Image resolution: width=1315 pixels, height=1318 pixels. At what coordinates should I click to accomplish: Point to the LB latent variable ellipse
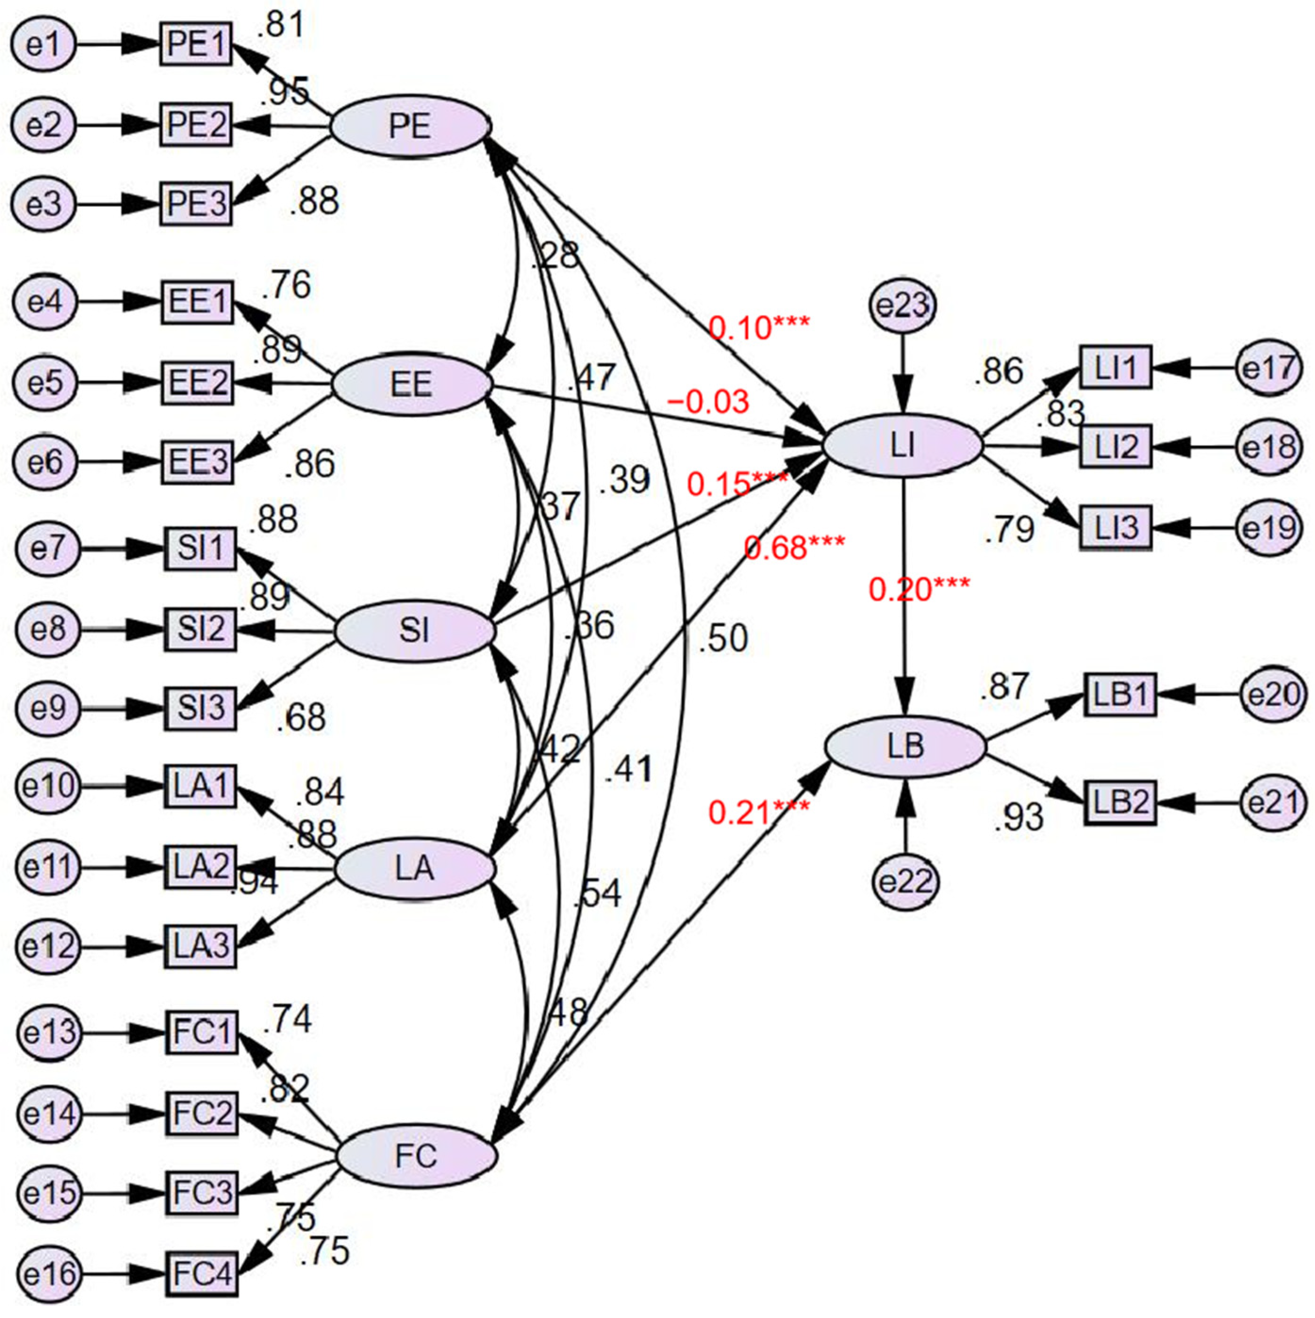pyautogui.click(x=906, y=748)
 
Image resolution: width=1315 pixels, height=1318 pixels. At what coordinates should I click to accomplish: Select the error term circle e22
pyautogui.click(x=906, y=882)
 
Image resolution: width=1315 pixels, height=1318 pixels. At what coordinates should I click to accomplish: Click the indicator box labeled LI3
pyautogui.click(x=1116, y=527)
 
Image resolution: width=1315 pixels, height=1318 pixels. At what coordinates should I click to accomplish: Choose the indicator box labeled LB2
pyautogui.click(x=1120, y=803)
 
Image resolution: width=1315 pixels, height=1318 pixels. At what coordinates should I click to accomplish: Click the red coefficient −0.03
pyautogui.click(x=708, y=402)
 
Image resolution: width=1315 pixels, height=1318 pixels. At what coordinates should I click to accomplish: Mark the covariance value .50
pyautogui.click(x=723, y=639)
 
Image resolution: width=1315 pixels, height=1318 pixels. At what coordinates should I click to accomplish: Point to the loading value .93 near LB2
pyautogui.click(x=1019, y=817)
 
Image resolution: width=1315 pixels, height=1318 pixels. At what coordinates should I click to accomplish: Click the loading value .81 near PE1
pyautogui.click(x=281, y=25)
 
